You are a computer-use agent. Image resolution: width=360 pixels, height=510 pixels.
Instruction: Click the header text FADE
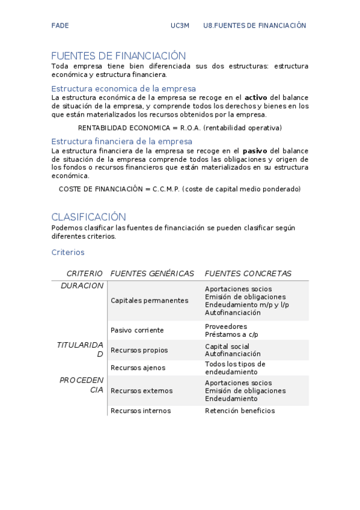tap(60, 25)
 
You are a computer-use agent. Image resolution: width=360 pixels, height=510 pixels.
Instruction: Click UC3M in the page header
tap(180, 25)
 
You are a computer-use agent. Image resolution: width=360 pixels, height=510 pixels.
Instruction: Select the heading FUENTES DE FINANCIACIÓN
tap(118, 55)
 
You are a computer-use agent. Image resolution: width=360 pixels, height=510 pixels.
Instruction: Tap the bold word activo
tap(255, 97)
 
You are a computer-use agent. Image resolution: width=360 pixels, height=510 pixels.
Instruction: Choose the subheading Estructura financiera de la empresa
tap(122, 141)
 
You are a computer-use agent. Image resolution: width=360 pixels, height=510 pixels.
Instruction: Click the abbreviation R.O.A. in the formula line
tap(191, 127)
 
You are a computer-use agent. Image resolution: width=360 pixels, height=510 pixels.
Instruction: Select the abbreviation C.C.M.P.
tap(166, 189)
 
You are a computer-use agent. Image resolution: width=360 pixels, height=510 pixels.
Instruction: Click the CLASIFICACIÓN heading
tap(88, 217)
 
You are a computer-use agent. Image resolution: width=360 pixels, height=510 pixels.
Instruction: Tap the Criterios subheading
tap(68, 253)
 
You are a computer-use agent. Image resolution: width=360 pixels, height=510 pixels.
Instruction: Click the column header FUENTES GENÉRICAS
tap(153, 274)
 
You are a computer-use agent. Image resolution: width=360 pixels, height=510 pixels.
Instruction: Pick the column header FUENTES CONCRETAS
tap(248, 274)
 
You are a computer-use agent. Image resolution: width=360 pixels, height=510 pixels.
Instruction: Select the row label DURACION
tap(82, 286)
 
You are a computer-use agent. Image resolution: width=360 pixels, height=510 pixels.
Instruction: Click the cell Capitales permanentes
tap(150, 301)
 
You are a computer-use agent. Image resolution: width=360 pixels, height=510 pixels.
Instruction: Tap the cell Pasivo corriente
tap(137, 330)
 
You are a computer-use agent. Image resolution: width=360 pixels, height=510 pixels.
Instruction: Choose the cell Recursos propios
tap(139, 350)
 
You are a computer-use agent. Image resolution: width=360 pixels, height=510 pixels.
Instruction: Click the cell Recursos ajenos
tap(138, 367)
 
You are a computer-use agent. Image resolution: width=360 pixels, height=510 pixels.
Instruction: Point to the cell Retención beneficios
tap(240, 411)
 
